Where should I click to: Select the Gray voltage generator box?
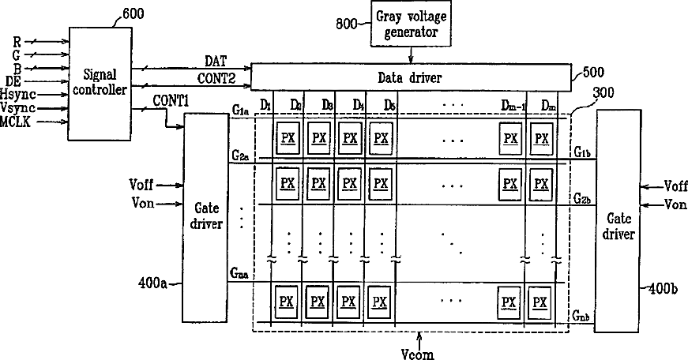coord(411,25)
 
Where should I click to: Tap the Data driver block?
coord(410,77)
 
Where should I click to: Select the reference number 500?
coord(593,72)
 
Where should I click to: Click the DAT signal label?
coord(216,61)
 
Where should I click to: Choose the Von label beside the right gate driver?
coord(675,204)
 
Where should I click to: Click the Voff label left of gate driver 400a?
coord(142,185)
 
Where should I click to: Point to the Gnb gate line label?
coord(581,317)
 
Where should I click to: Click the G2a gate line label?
coord(239,157)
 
